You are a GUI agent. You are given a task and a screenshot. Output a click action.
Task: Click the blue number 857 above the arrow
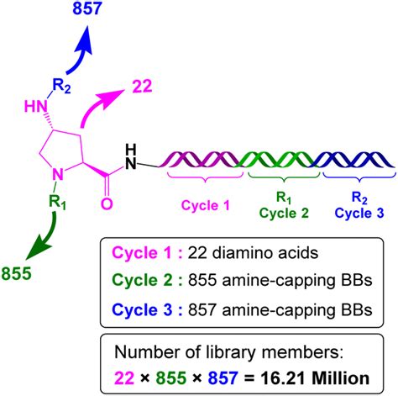point(86,8)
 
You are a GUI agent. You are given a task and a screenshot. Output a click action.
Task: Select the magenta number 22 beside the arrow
point(142,87)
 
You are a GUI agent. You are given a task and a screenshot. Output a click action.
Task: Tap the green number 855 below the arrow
point(17,273)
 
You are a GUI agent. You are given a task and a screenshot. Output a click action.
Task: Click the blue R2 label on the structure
point(61,86)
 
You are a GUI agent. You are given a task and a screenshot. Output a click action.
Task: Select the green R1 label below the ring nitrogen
point(58,202)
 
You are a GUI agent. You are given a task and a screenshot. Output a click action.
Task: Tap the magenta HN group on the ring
point(35,106)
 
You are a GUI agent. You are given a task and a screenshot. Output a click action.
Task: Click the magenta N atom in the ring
point(58,174)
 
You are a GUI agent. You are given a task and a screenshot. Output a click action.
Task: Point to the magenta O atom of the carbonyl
point(107,203)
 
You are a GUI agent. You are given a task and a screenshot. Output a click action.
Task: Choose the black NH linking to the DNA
point(131,157)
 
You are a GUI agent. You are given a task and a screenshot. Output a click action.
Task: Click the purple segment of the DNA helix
point(199,159)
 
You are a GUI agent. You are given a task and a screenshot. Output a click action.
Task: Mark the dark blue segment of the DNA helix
point(354,159)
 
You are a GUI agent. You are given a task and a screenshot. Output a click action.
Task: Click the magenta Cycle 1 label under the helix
point(206,205)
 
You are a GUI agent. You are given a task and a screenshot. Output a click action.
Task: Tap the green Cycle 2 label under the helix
point(284,214)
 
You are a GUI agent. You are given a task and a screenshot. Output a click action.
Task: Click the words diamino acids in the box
point(265,253)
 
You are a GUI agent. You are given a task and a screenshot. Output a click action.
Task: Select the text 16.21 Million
point(315,378)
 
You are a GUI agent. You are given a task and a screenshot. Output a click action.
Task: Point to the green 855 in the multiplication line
point(171,378)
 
